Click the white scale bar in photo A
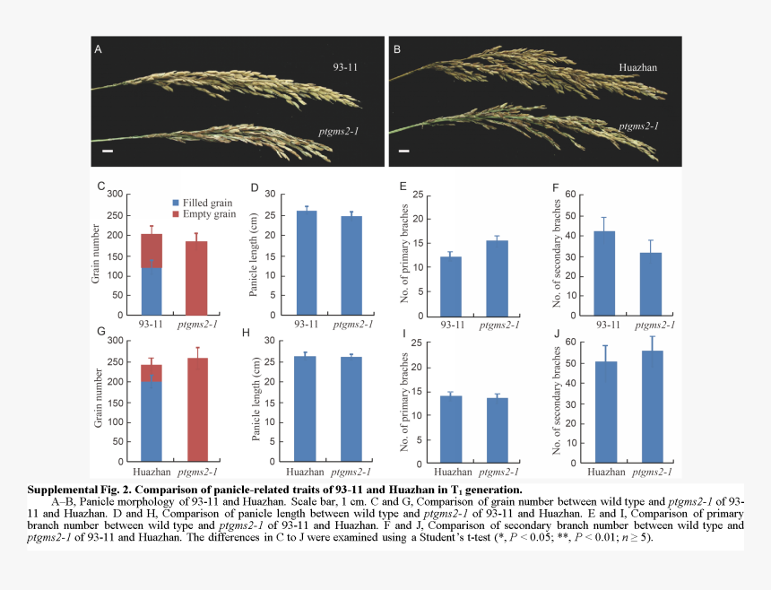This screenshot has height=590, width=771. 108,152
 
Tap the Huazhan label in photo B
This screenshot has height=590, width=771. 638,67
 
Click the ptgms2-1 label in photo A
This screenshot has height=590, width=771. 339,132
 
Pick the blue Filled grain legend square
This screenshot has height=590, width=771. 176,204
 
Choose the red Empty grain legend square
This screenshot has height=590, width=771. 176,214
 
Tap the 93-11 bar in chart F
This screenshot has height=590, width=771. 604,271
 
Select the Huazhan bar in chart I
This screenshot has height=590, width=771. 451,427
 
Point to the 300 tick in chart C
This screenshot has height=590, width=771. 115,195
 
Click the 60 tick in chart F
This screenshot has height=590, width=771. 570,195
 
